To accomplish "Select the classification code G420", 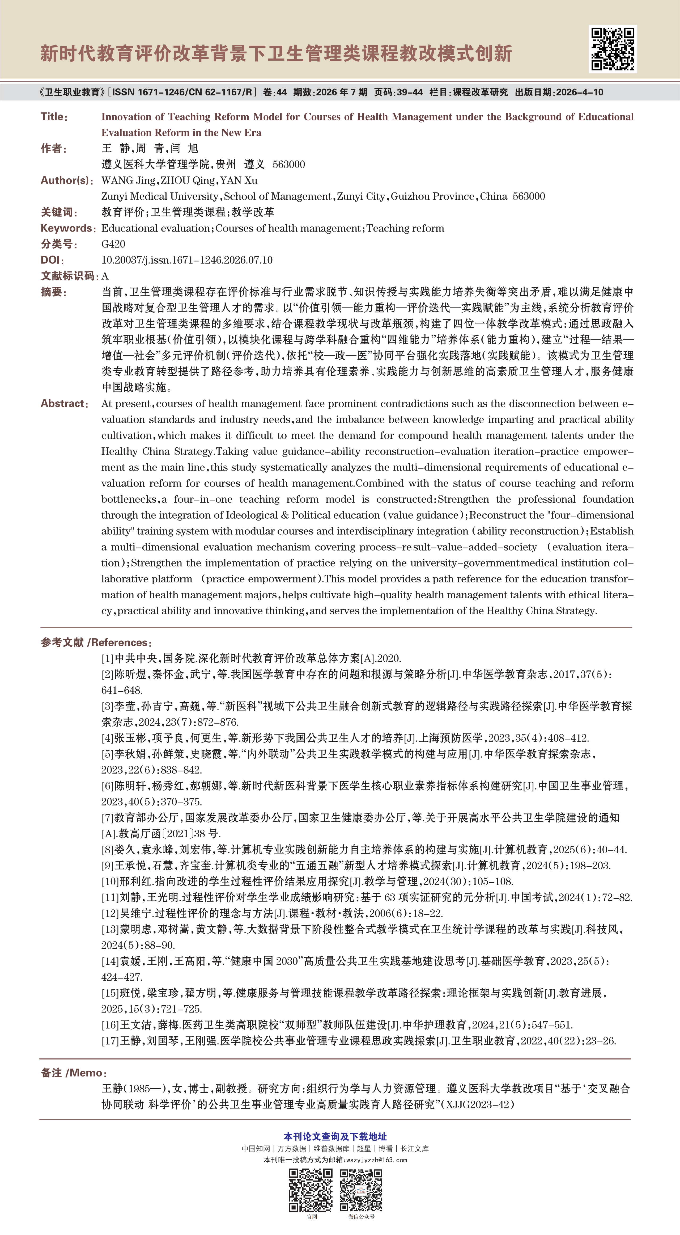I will (x=113, y=244).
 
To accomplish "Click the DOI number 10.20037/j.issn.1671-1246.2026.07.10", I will (x=187, y=260).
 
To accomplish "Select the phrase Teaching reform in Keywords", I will (x=405, y=228).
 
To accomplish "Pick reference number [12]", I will (x=110, y=913).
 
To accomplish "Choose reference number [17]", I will (x=110, y=1041).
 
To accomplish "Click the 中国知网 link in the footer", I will (x=256, y=1149).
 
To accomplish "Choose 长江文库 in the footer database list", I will (x=415, y=1149).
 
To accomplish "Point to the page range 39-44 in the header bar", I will (x=411, y=92).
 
